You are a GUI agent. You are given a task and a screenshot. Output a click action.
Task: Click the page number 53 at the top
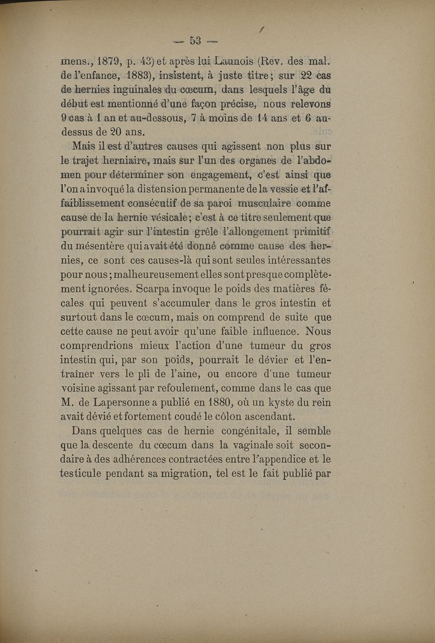click(196, 40)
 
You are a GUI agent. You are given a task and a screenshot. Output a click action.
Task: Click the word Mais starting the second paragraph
click(84, 146)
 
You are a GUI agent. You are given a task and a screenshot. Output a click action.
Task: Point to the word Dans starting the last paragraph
click(85, 431)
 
